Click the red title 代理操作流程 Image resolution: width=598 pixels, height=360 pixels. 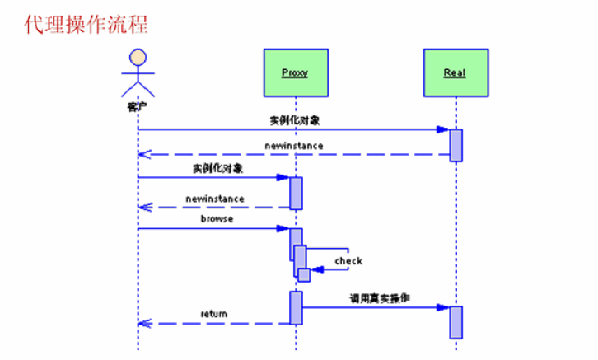point(86,23)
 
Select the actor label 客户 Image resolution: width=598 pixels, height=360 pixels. point(138,106)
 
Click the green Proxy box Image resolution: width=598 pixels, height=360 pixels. point(295,72)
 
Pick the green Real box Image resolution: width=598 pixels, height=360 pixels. point(455,72)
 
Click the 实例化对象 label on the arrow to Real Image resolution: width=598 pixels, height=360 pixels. point(294,120)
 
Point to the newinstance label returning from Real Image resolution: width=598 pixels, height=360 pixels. point(294,145)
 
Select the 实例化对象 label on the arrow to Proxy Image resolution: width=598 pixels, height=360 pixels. point(217,168)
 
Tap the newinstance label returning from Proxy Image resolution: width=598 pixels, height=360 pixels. point(215,199)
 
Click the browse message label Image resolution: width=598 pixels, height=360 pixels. point(217,219)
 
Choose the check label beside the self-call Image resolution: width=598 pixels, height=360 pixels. point(348,260)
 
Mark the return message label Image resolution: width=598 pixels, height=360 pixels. point(214,314)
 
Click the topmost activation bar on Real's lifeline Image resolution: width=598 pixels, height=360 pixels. point(456,145)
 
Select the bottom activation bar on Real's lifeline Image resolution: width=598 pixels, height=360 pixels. point(456,322)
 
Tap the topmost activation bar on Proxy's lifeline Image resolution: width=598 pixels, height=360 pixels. point(296,193)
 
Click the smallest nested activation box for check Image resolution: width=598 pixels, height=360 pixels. point(304,275)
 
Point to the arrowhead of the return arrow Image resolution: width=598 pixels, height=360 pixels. point(142,323)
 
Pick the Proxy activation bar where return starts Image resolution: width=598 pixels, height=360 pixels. point(296,307)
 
